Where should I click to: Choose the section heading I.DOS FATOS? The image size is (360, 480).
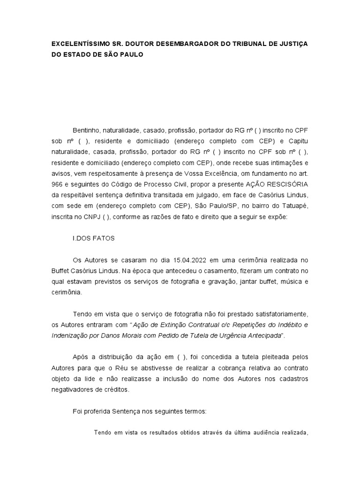click(x=94, y=238)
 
